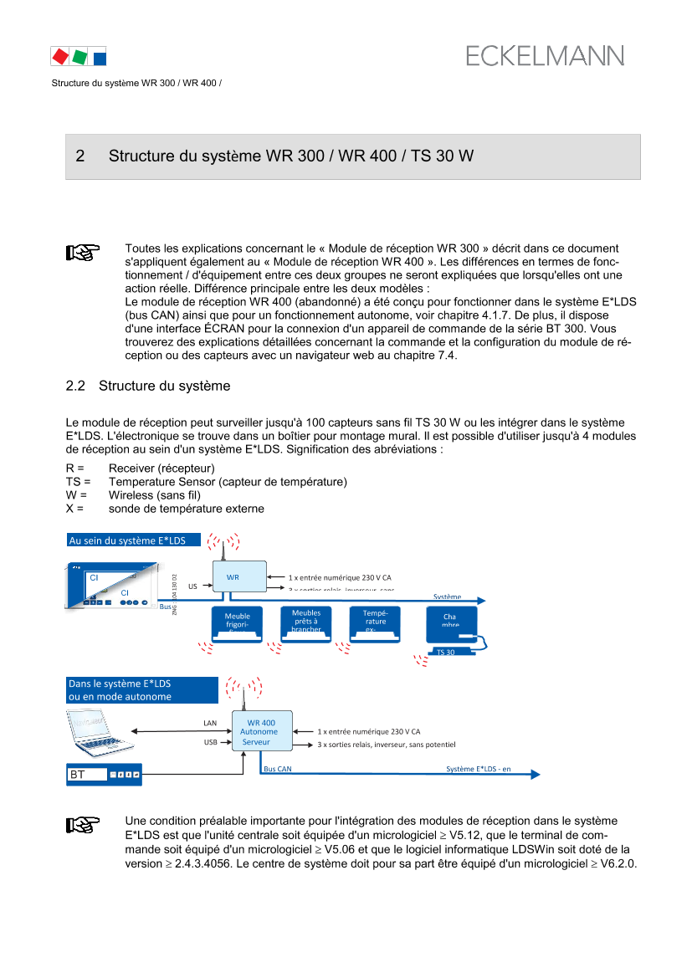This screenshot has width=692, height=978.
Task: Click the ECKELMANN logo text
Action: (x=545, y=56)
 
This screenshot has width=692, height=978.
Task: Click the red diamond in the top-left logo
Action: (x=59, y=57)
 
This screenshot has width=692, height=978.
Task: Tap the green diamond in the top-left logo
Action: (x=79, y=57)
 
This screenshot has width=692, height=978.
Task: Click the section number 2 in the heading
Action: (x=80, y=156)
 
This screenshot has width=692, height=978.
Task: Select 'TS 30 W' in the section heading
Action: (x=443, y=156)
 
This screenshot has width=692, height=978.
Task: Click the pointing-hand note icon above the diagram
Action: (x=83, y=253)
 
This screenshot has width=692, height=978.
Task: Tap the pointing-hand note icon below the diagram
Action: (x=83, y=825)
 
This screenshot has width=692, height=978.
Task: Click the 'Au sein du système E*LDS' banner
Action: (x=133, y=540)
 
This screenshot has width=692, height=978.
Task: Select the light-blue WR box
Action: (x=238, y=576)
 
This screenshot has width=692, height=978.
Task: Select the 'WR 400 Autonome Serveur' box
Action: (x=261, y=731)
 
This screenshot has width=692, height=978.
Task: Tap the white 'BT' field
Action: (x=87, y=775)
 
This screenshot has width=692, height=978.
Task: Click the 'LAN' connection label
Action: (x=210, y=723)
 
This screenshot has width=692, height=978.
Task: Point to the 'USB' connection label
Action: (x=210, y=742)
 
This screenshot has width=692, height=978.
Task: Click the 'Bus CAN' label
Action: (x=277, y=768)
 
